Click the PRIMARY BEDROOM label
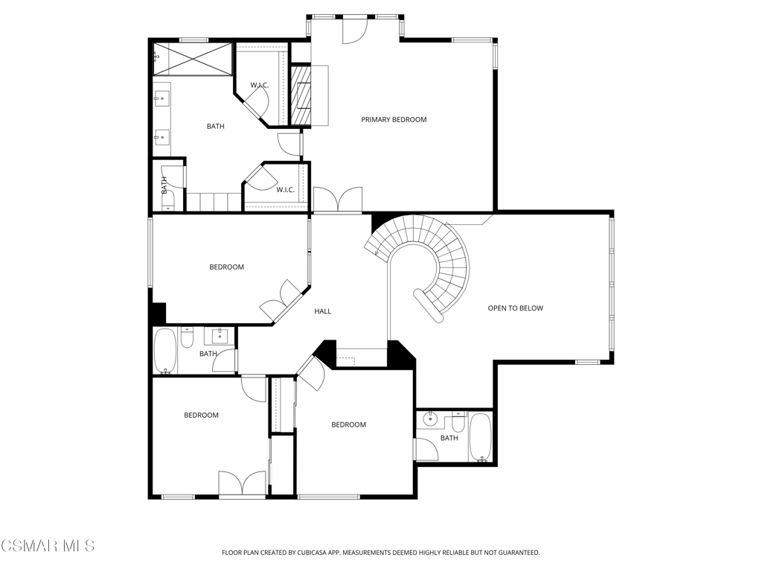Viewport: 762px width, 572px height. pyautogui.click(x=394, y=120)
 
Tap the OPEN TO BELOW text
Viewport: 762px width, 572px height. pyautogui.click(x=515, y=308)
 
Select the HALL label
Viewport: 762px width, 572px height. pyautogui.click(x=323, y=311)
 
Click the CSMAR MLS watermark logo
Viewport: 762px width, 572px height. pyautogui.click(x=48, y=545)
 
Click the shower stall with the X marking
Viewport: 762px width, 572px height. pyautogui.click(x=193, y=59)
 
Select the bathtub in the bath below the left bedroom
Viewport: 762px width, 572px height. pyautogui.click(x=165, y=351)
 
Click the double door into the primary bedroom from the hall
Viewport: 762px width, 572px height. pyautogui.click(x=338, y=200)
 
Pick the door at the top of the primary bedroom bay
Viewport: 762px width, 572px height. pyautogui.click(x=355, y=30)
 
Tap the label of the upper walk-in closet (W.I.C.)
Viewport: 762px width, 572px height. pyautogui.click(x=260, y=86)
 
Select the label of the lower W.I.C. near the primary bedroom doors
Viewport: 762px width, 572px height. pyautogui.click(x=285, y=190)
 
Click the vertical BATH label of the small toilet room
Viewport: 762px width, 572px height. pyautogui.click(x=164, y=185)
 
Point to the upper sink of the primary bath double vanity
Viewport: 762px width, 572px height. pyautogui.click(x=160, y=99)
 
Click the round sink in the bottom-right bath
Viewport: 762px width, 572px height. pyautogui.click(x=429, y=418)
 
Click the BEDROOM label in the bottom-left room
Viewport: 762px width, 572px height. pyautogui.click(x=201, y=416)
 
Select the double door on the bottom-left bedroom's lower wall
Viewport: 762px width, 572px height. pyautogui.click(x=242, y=483)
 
